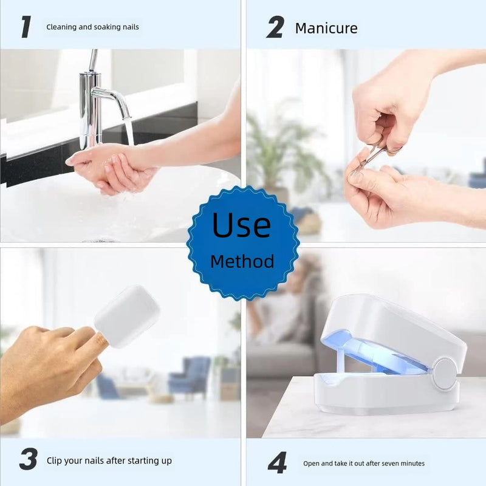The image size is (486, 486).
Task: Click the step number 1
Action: (x=26, y=27)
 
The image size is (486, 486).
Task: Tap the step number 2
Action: (x=275, y=27)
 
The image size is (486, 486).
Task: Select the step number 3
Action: (x=28, y=460)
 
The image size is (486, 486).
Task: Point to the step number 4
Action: (x=278, y=463)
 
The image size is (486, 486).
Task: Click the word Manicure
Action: (x=326, y=28)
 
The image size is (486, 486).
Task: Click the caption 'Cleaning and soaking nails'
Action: (x=92, y=27)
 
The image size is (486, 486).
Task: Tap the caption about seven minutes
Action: (x=363, y=464)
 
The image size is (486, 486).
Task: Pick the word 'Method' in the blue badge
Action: (x=242, y=262)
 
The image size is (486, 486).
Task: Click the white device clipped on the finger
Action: (x=127, y=317)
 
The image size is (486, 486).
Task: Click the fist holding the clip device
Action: (x=49, y=364)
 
